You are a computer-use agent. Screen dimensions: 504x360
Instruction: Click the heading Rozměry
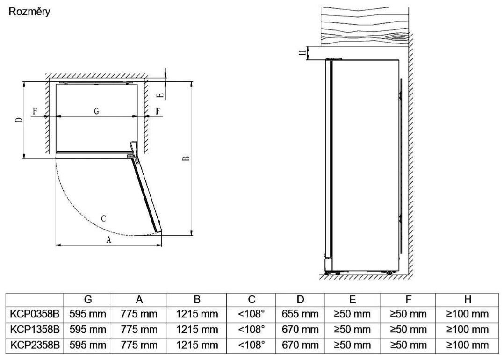click(x=29, y=12)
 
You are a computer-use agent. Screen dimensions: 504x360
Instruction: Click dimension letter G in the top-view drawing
click(x=96, y=111)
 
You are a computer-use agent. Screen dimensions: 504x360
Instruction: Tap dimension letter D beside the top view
click(x=19, y=120)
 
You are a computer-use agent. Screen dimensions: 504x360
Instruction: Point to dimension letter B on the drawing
click(x=186, y=158)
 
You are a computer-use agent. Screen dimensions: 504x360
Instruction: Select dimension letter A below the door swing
click(x=108, y=240)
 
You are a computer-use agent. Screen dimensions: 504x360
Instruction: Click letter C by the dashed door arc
click(x=103, y=219)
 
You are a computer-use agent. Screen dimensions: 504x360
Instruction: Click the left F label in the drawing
click(x=35, y=111)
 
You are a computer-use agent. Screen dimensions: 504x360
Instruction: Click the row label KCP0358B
click(x=35, y=314)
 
